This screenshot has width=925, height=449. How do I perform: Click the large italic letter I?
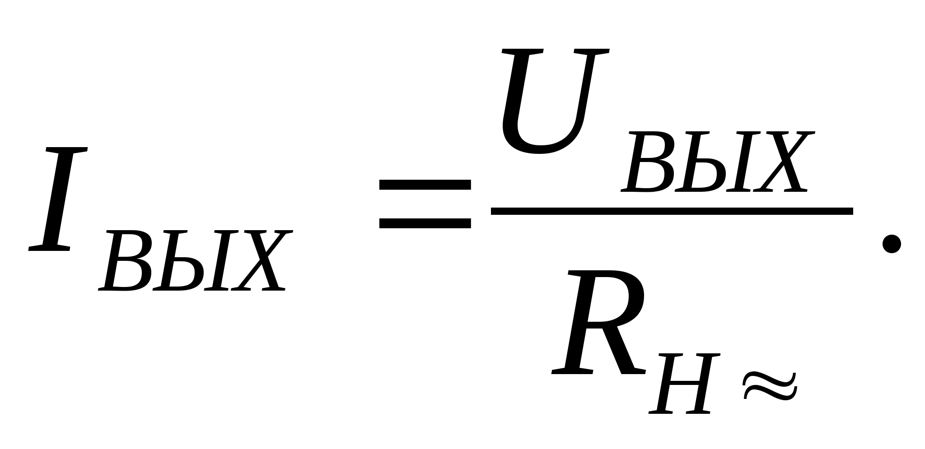pos(58,199)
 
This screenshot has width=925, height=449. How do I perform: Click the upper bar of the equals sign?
pos(425,185)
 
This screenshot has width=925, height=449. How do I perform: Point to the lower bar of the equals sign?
pos(425,223)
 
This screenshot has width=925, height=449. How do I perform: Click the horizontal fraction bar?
pos(672,211)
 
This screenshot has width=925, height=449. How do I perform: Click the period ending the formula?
pos(892,244)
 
